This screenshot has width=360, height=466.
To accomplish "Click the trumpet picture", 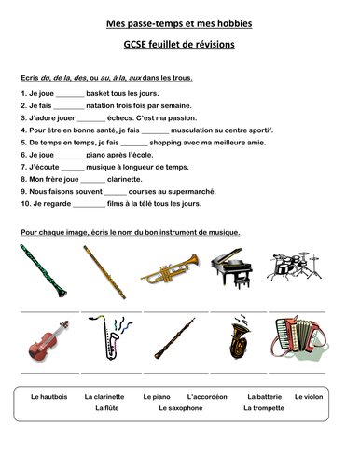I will pos(170,268).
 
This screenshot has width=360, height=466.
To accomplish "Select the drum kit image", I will pos(295,266).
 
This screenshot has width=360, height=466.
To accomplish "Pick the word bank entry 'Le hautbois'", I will pos(49,396).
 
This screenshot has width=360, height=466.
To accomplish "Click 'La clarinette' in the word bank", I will pos(104,396).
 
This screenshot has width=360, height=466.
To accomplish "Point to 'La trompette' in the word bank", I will pos(263,407).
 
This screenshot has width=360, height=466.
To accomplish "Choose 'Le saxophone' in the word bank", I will pos(180,407).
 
